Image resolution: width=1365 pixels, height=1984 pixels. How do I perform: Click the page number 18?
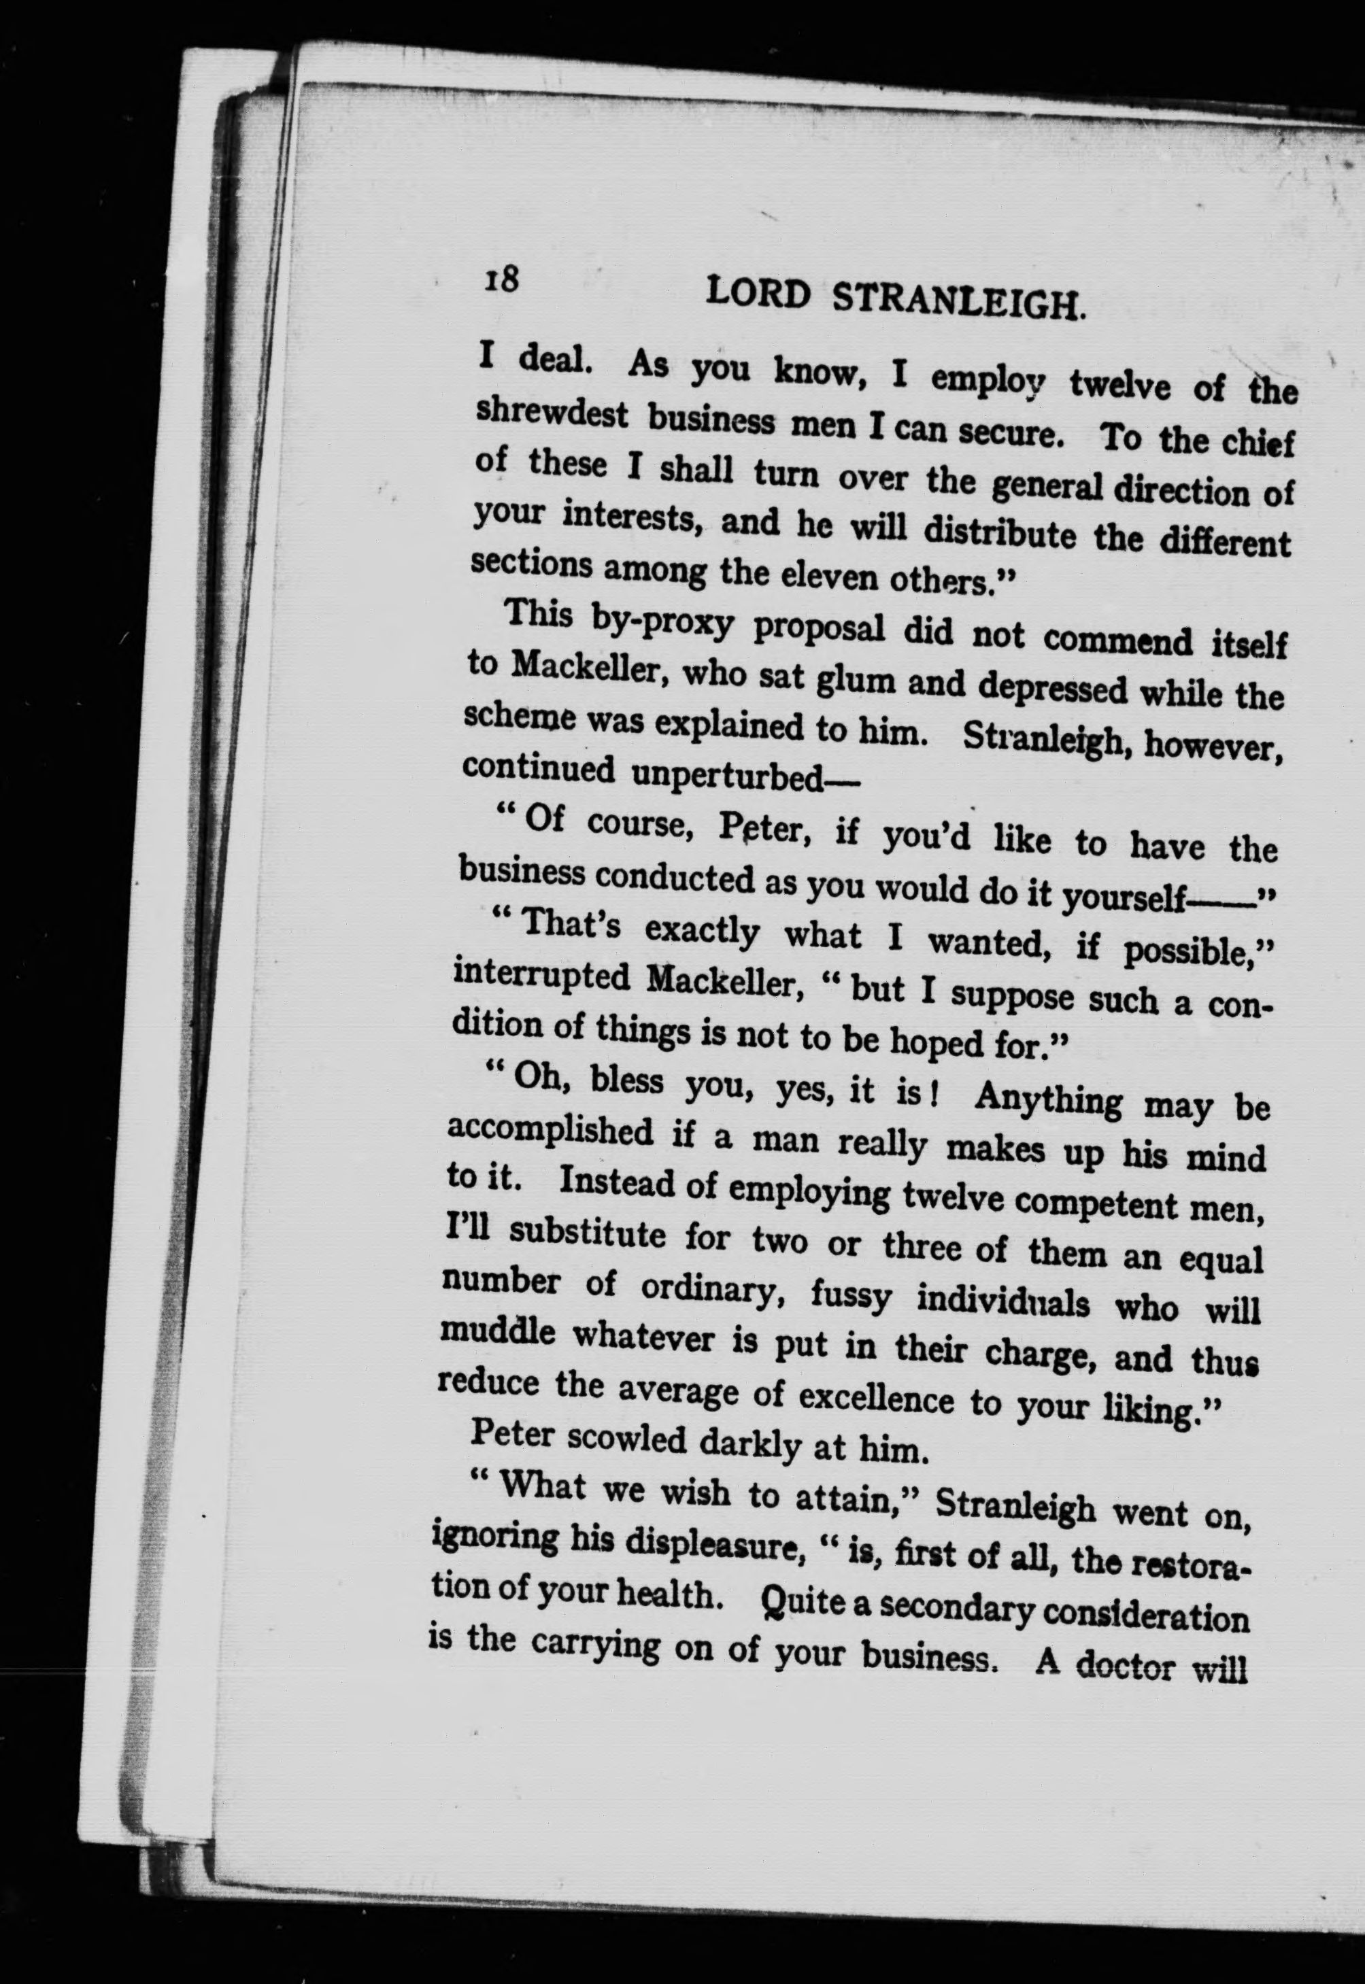point(502,279)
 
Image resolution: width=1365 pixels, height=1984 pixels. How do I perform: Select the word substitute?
point(590,1234)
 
